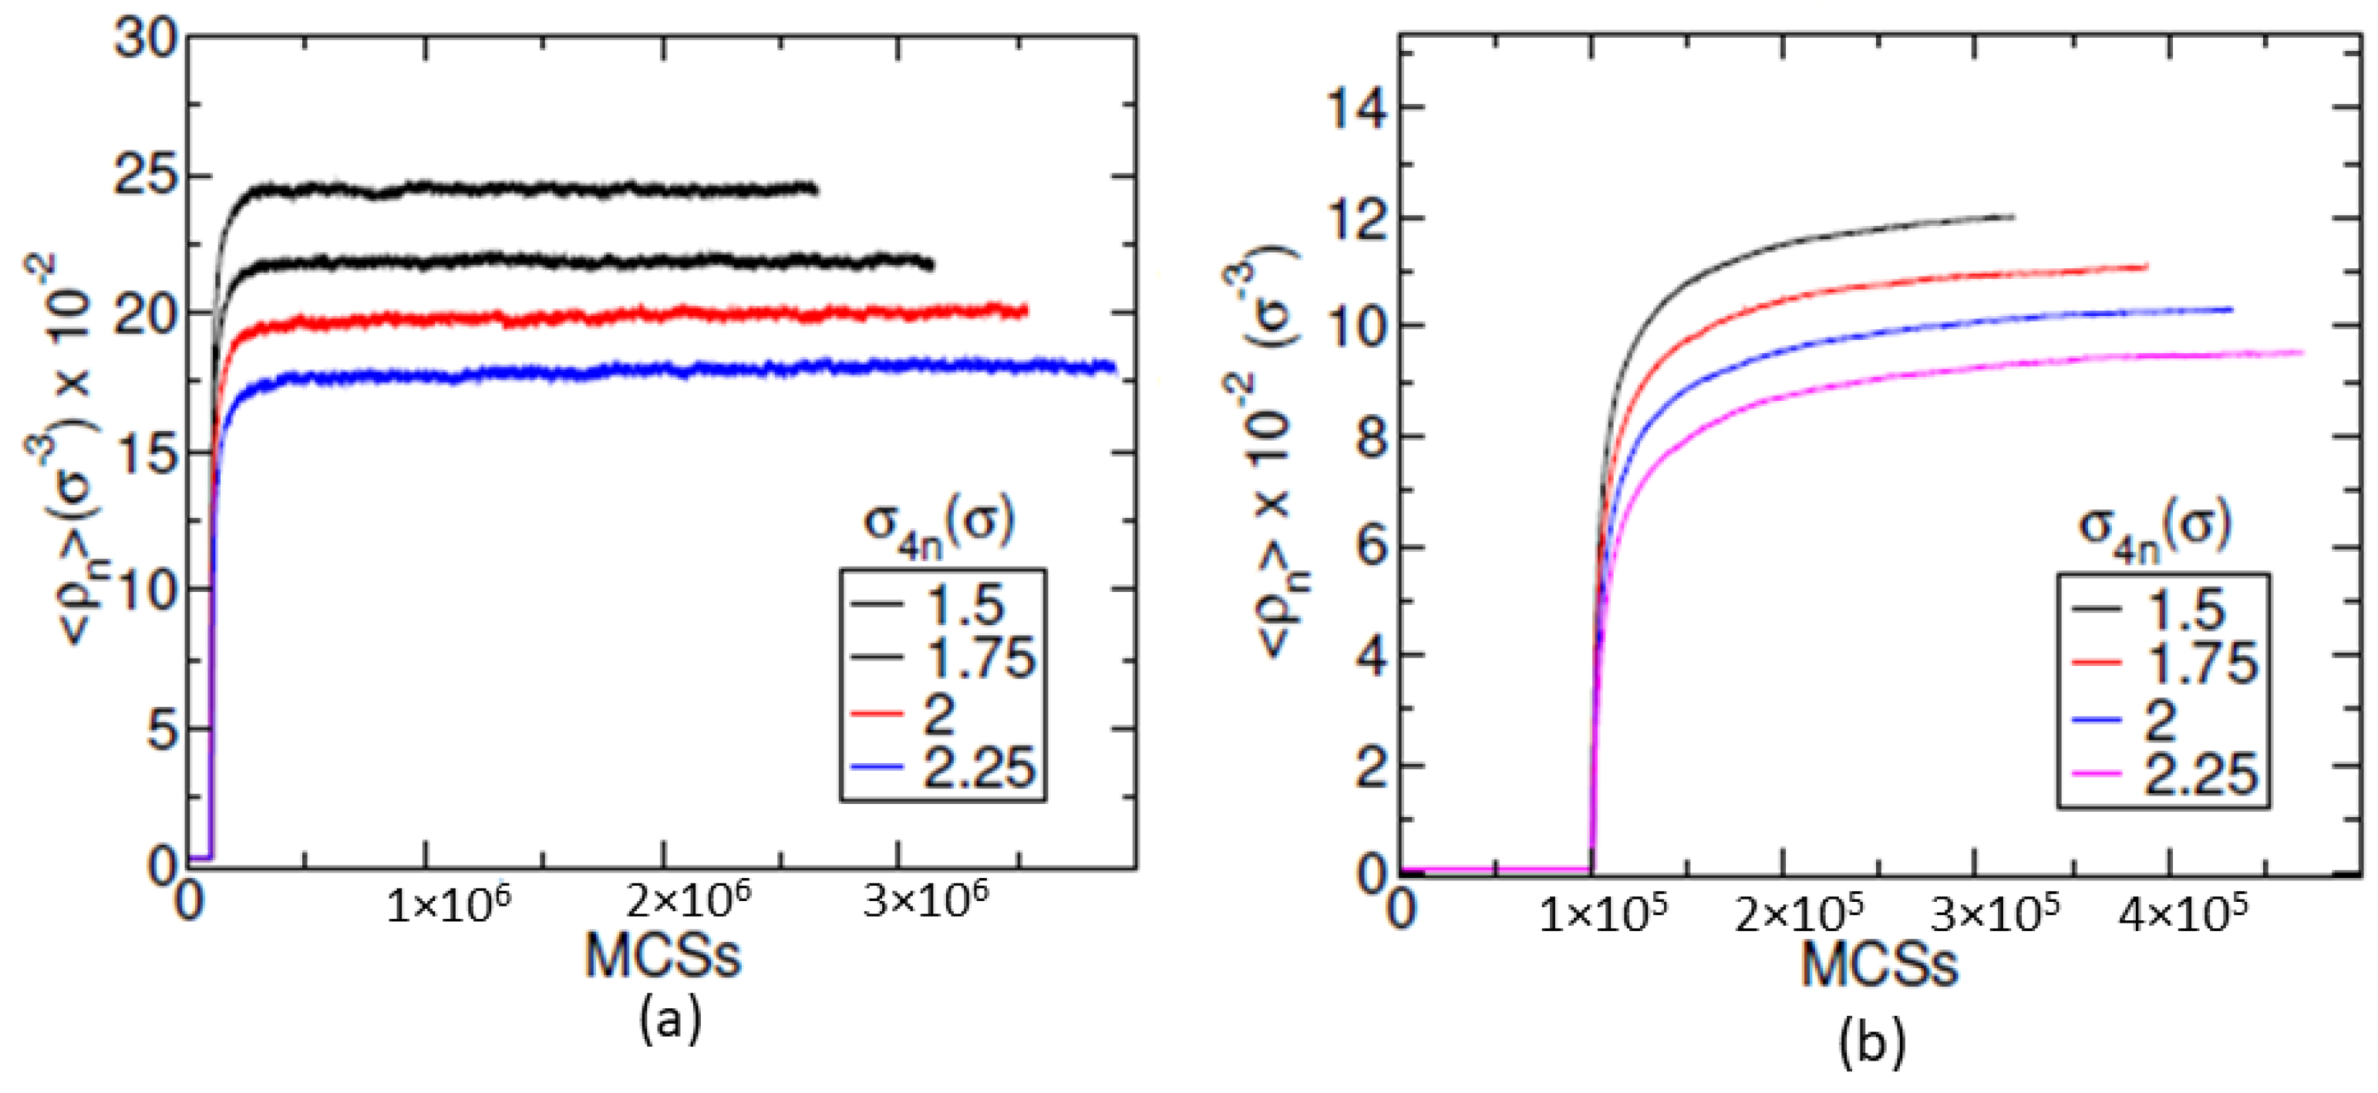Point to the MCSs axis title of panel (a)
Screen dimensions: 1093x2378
click(x=663, y=957)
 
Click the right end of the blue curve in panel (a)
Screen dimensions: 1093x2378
click(x=1114, y=368)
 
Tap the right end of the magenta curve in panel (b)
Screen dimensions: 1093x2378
click(x=2302, y=352)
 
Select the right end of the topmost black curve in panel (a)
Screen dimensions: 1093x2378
click(x=816, y=190)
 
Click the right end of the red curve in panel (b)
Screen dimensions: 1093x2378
click(x=2147, y=267)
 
